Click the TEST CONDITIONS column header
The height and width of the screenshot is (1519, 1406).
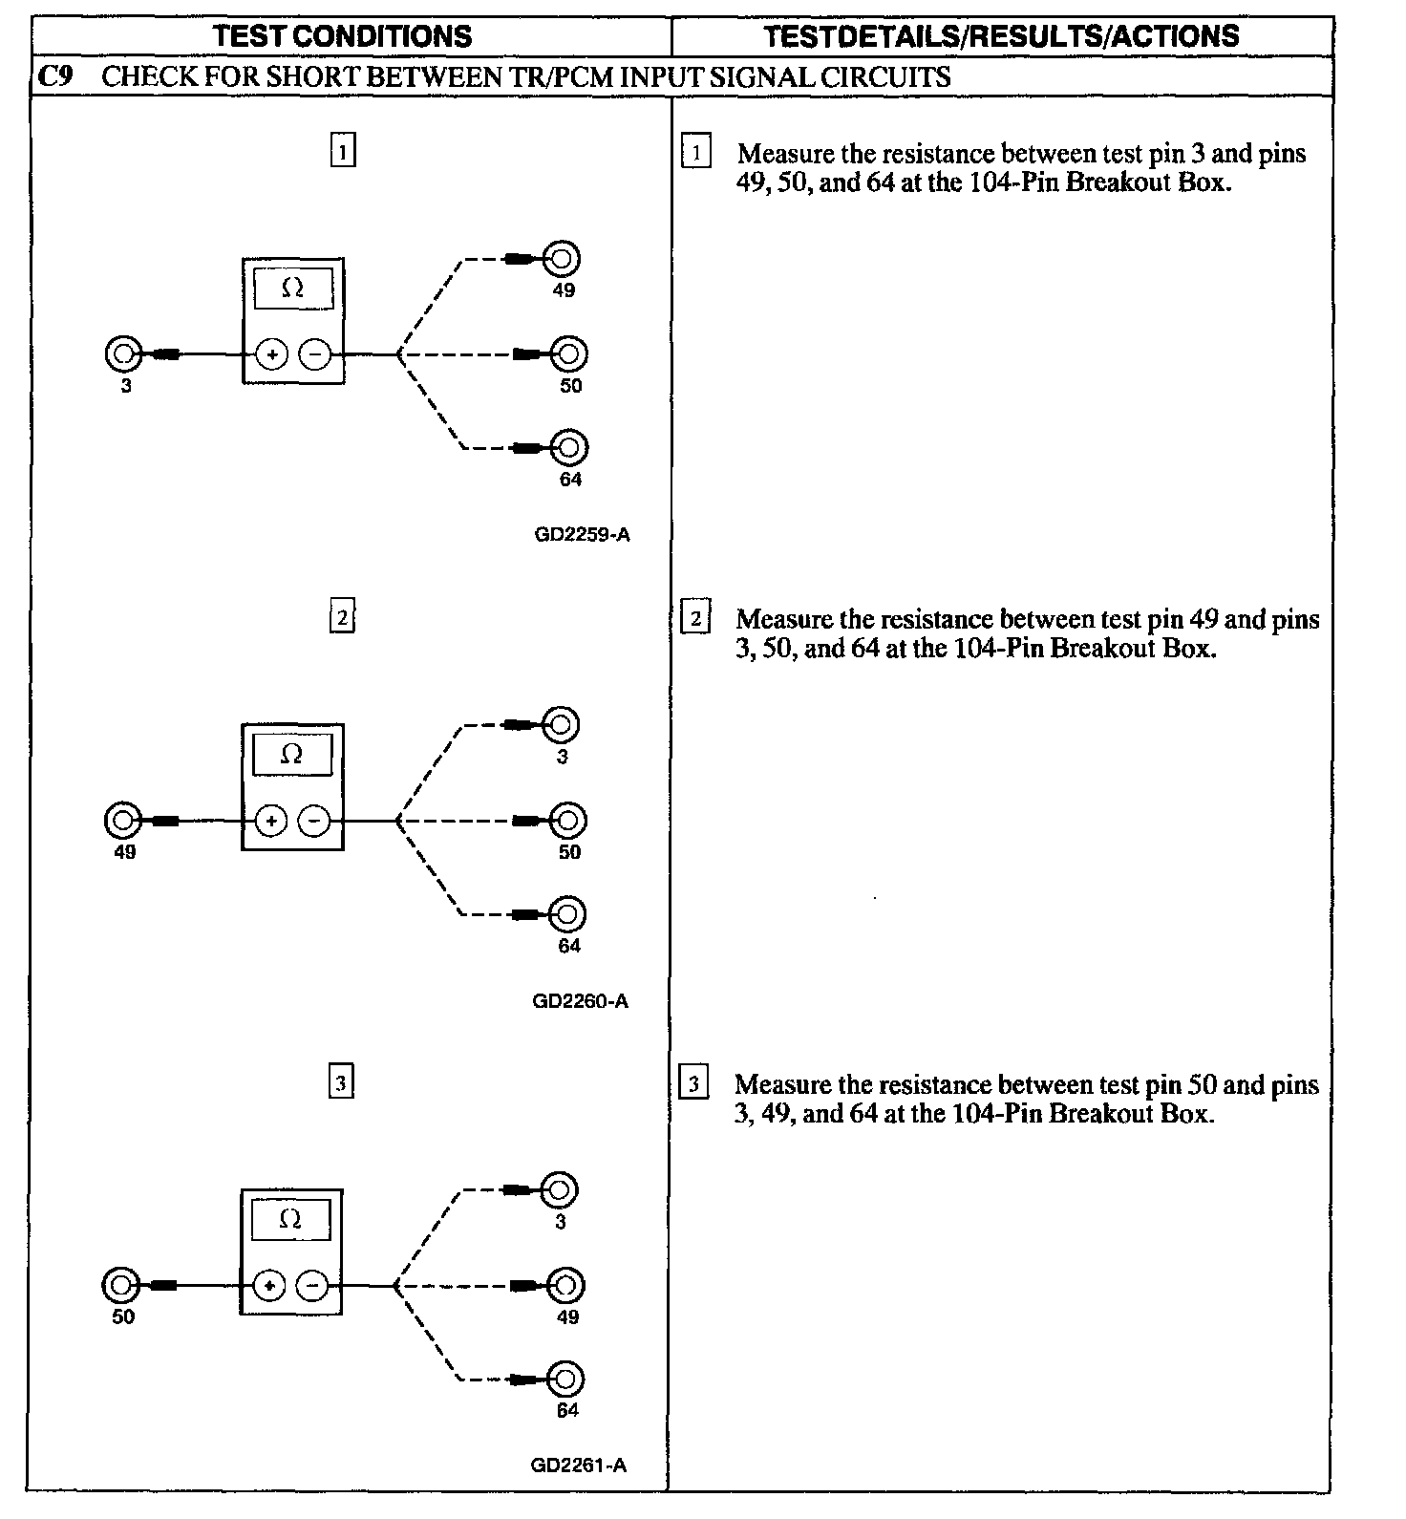pyautogui.click(x=342, y=36)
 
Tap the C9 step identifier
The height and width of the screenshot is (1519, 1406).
pyautogui.click(x=55, y=76)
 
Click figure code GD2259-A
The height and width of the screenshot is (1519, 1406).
pyautogui.click(x=582, y=535)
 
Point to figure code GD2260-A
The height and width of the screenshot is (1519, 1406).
pyautogui.click(x=581, y=1001)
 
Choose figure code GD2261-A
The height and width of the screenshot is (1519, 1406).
pyautogui.click(x=579, y=1466)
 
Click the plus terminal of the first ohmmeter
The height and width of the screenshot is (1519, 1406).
pyautogui.click(x=272, y=355)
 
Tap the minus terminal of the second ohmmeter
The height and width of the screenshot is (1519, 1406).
pyautogui.click(x=314, y=821)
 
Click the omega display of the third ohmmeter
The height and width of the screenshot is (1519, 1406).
pyautogui.click(x=291, y=1220)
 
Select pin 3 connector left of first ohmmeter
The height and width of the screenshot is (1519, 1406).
pyautogui.click(x=122, y=354)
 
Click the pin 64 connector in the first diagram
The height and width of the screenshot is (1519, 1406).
pyautogui.click(x=570, y=447)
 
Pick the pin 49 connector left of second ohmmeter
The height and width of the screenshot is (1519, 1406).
pyautogui.click(x=122, y=820)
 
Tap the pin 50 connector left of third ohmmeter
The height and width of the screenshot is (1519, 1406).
pyautogui.click(x=120, y=1286)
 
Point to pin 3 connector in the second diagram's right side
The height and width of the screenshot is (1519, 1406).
pyautogui.click(x=561, y=724)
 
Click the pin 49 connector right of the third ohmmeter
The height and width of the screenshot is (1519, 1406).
pyautogui.click(x=565, y=1286)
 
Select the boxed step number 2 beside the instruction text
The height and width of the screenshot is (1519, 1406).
pyautogui.click(x=695, y=619)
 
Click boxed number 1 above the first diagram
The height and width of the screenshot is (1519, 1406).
pyautogui.click(x=343, y=151)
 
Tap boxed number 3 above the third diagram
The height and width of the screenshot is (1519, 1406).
pyautogui.click(x=341, y=1083)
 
